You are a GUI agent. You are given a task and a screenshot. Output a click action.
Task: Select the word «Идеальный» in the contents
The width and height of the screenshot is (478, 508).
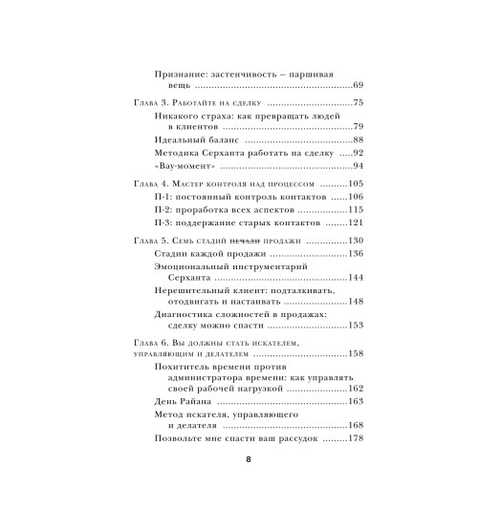pos(177,138)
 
